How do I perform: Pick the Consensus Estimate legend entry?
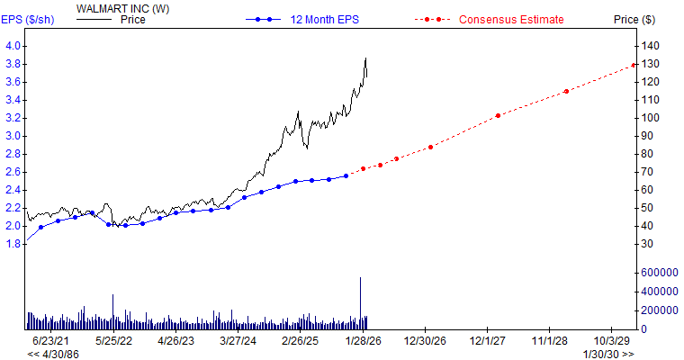[510, 19]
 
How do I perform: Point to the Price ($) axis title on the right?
[634, 19]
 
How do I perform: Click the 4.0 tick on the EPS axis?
[13, 46]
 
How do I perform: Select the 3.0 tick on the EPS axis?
[13, 136]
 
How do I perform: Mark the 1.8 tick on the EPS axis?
[13, 244]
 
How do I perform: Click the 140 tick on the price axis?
[652, 46]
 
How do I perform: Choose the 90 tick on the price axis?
[649, 136]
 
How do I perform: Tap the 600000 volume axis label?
[659, 273]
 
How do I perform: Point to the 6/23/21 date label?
[49, 341]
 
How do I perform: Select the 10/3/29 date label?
[611, 341]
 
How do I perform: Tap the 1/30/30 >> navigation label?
[609, 354]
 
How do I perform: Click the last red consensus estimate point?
[634, 65]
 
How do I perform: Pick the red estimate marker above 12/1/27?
[498, 116]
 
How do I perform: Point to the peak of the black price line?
[365, 59]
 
